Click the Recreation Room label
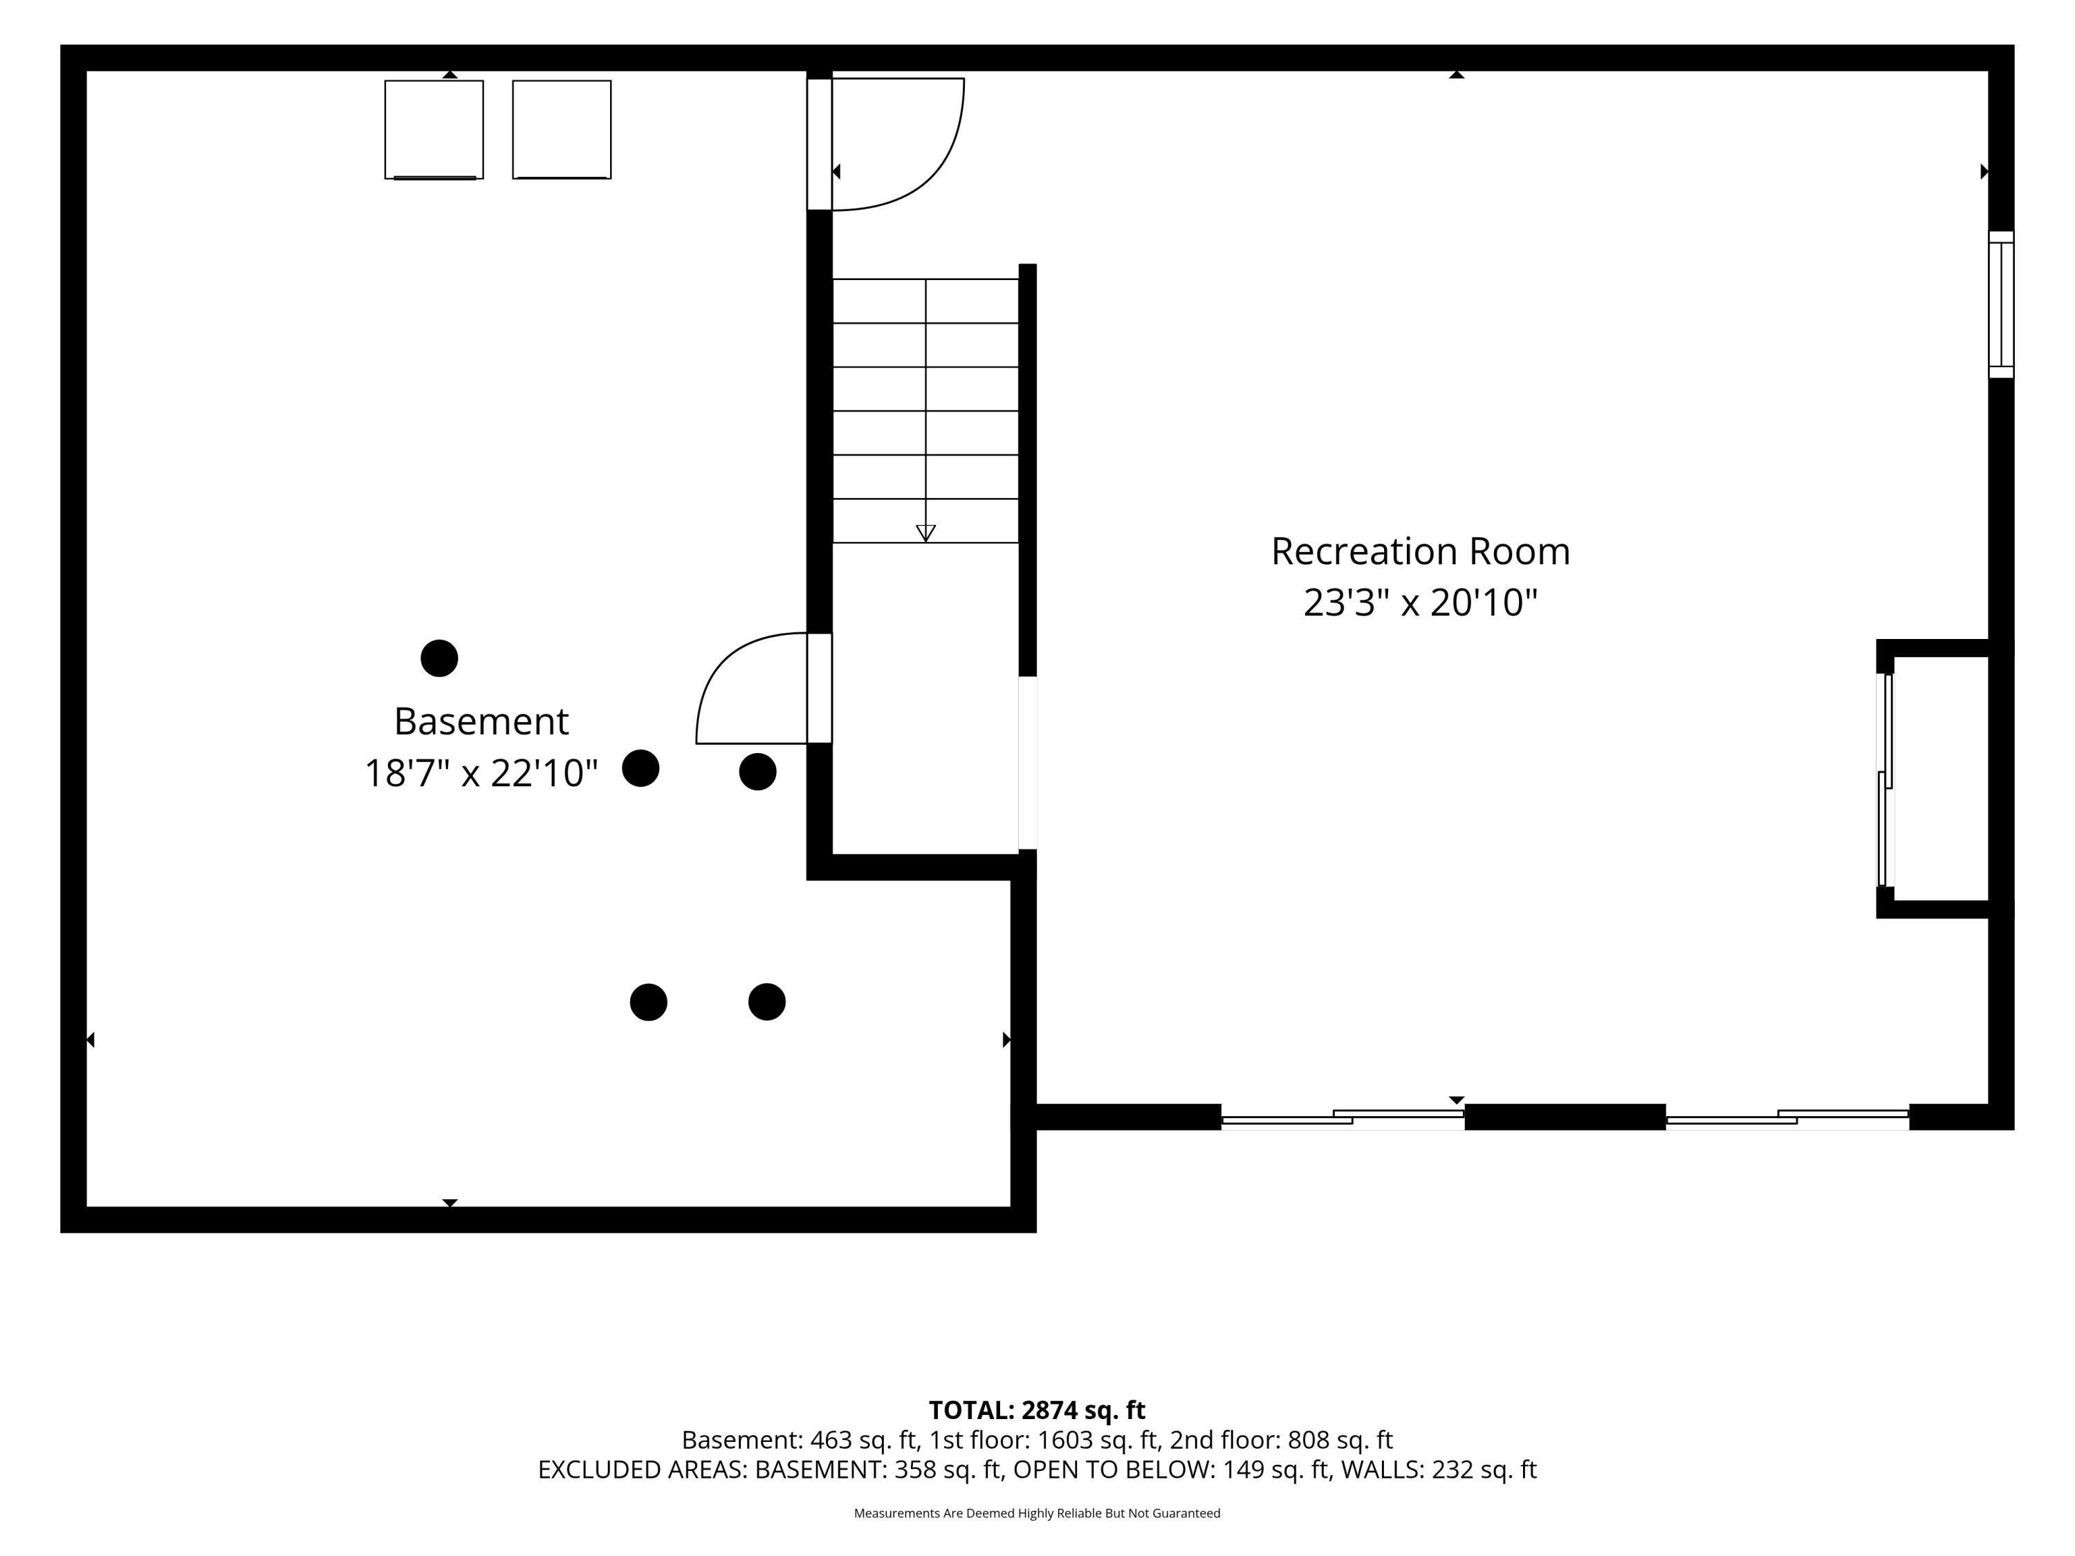[x=1420, y=551]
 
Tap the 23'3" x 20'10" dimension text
[x=1420, y=602]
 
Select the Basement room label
[x=481, y=721]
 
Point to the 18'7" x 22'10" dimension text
[x=481, y=774]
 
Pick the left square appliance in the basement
[x=434, y=129]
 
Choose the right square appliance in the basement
[x=562, y=129]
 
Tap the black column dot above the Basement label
[x=439, y=658]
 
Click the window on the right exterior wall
[x=2001, y=305]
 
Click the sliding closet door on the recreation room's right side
[x=1885, y=779]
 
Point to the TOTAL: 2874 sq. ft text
[x=1037, y=1409]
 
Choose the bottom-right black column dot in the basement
[x=766, y=1001]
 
